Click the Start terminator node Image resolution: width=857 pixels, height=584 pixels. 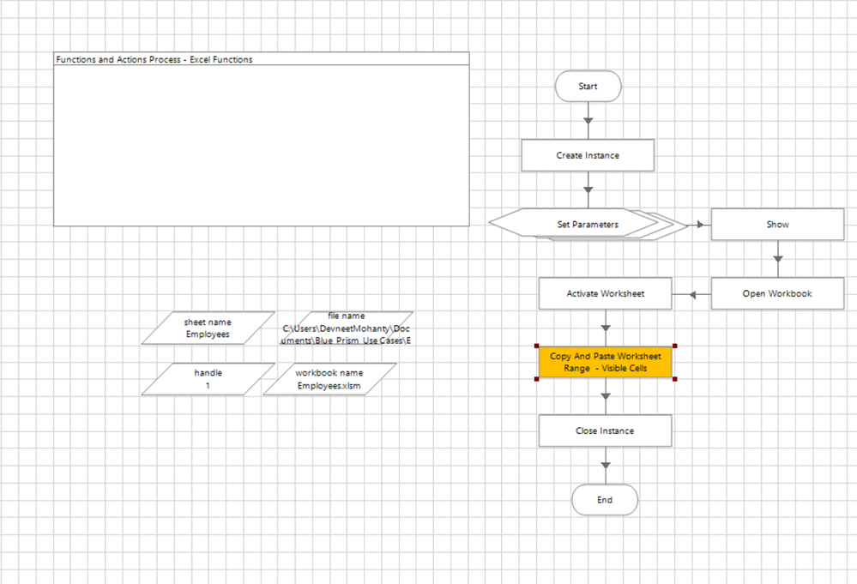coord(588,87)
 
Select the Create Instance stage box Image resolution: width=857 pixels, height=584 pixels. coord(588,155)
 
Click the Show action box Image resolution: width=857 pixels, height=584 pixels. coord(777,225)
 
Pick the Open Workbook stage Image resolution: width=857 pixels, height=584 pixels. coord(777,293)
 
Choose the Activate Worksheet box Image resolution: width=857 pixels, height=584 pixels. coord(605,293)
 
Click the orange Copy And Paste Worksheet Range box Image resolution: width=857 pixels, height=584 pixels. coord(605,362)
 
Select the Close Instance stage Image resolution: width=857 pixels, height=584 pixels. coord(605,430)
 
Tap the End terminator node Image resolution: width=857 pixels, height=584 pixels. coord(605,500)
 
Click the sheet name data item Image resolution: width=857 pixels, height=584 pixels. coord(208,328)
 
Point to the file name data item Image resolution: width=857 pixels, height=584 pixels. coord(346,328)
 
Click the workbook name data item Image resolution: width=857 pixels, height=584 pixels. coord(329,379)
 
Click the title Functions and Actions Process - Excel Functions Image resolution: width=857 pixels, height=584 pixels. coord(154,60)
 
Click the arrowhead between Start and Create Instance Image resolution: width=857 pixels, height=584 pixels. coord(588,121)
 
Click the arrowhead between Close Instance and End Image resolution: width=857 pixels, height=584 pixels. coord(606,466)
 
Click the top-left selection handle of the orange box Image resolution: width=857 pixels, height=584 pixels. coord(536,346)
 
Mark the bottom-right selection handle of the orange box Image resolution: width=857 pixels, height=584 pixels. coord(675,379)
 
